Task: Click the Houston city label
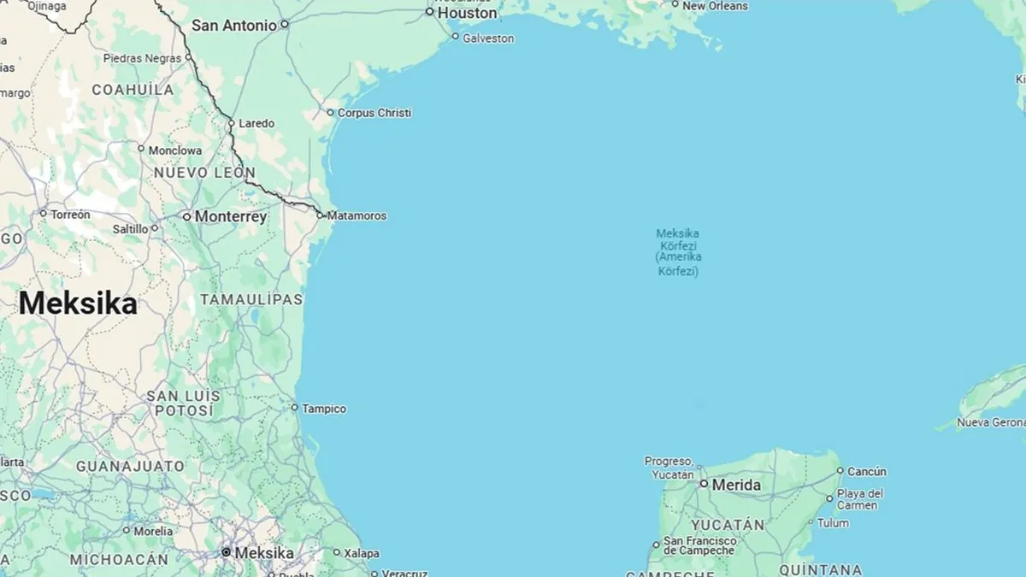[467, 13]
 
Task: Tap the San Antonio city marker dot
[285, 24]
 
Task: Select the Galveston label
[488, 38]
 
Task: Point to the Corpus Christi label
[374, 113]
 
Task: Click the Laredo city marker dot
[231, 123]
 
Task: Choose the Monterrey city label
[230, 216]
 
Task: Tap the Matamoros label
[357, 215]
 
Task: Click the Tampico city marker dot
[295, 408]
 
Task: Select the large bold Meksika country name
[78, 303]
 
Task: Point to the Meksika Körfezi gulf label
[679, 252]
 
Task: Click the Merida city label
[736, 485]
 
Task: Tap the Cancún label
[867, 471]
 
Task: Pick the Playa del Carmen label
[860, 499]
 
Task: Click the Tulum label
[833, 523]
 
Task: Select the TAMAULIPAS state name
[251, 299]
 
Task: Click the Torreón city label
[70, 214]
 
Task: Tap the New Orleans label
[715, 6]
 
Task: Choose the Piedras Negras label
[142, 58]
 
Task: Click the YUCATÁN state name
[728, 524]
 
